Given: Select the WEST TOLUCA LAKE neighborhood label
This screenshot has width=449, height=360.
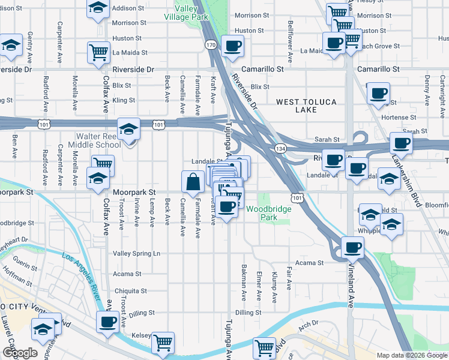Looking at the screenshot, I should [x=306, y=106].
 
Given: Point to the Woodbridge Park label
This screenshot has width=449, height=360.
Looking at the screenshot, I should [x=268, y=213].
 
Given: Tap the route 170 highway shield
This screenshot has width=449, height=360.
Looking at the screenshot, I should [x=210, y=45].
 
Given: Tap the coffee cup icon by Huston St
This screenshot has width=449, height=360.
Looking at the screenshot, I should [x=232, y=46].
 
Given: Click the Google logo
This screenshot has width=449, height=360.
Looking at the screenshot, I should [x=20, y=353].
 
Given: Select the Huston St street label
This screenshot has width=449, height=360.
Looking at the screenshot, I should [x=249, y=30].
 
